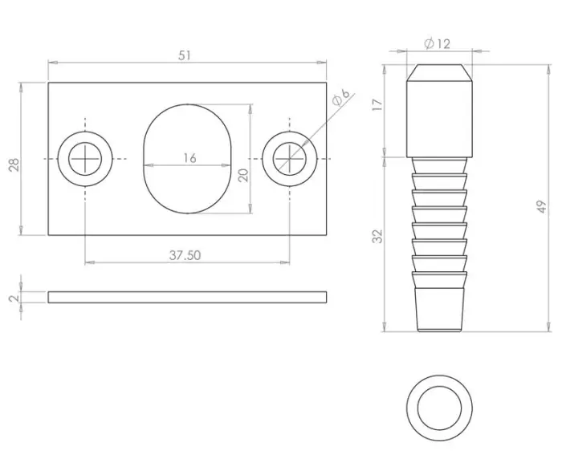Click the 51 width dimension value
[185, 55]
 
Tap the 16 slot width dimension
[189, 159]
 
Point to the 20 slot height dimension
[243, 175]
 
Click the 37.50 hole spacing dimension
[185, 254]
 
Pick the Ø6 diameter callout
[340, 99]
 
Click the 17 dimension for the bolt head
[378, 106]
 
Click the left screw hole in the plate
[83, 160]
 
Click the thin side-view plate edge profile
[187, 297]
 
